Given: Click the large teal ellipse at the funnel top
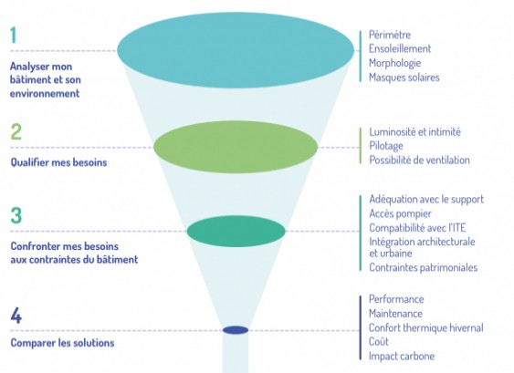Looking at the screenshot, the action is pos(236,50).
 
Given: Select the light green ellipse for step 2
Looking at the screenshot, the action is pos(236,147).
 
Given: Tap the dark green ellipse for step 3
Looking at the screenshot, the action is pos(236,232).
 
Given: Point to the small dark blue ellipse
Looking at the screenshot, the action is pos(236,330).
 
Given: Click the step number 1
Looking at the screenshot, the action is pos(13,35).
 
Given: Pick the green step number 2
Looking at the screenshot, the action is pos(16,131).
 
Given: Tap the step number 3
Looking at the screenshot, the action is pos(16,215).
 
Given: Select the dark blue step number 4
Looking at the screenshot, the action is pos(16,316).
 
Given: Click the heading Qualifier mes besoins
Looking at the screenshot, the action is pos(58,162).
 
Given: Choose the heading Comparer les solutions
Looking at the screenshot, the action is pos(62,343).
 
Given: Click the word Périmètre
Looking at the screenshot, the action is pos(390,35).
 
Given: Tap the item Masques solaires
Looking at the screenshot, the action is pos(404,78).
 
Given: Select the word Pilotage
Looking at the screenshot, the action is pos(386,146).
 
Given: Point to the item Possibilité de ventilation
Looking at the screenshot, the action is pos(420,161).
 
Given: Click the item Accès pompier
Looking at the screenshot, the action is pos(400,213).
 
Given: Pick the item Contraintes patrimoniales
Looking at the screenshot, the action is pos(424,267).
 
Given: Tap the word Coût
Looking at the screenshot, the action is pos(379,342).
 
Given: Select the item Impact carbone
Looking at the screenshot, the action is pos(402,356).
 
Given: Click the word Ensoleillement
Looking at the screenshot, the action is pos(400,49).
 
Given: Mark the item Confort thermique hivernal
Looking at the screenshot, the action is pos(426,327).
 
